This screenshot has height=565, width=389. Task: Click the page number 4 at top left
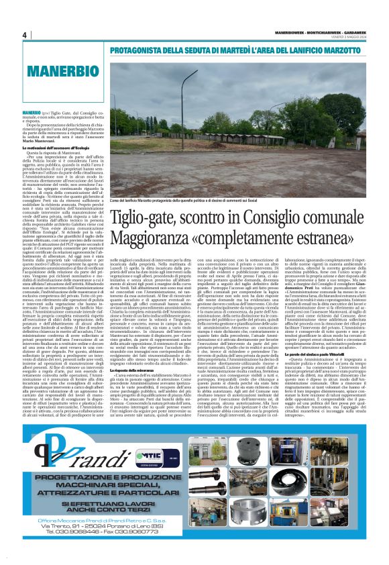(x=24, y=36)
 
